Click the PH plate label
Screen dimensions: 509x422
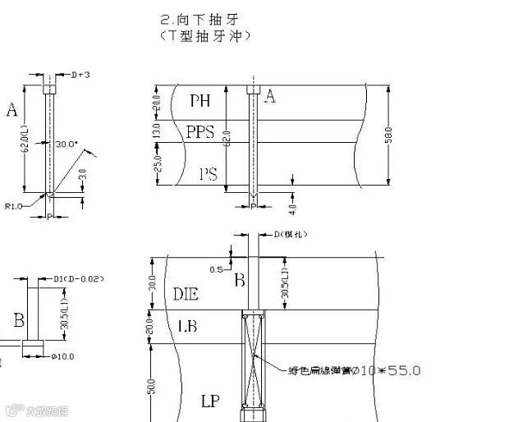(200, 101)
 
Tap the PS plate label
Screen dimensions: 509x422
(209, 174)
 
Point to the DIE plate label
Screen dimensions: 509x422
(186, 293)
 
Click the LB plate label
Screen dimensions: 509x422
(188, 327)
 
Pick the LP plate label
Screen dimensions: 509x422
(211, 401)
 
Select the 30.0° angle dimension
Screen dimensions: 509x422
(66, 144)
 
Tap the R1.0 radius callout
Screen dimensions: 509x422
(14, 206)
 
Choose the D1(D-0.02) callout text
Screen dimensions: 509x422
(79, 279)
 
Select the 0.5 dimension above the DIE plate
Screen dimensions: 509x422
(217, 268)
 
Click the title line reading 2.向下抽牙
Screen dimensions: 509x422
(202, 18)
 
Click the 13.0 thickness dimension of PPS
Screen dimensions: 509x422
(158, 131)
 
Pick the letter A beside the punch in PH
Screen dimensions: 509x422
(270, 97)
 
